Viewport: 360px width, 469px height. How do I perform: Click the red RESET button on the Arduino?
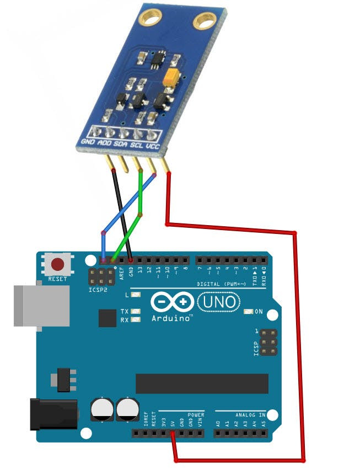coord(57,265)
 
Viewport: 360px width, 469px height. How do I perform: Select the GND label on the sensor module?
coord(88,141)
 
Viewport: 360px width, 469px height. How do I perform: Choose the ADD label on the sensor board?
coord(104,143)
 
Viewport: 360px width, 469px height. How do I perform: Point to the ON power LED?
coord(249,312)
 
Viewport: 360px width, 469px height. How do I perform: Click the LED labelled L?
coord(136,295)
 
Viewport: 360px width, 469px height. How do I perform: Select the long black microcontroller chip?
coord(202,383)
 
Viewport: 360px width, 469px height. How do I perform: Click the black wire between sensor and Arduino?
coord(122,215)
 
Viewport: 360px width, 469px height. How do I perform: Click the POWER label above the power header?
coord(196,414)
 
